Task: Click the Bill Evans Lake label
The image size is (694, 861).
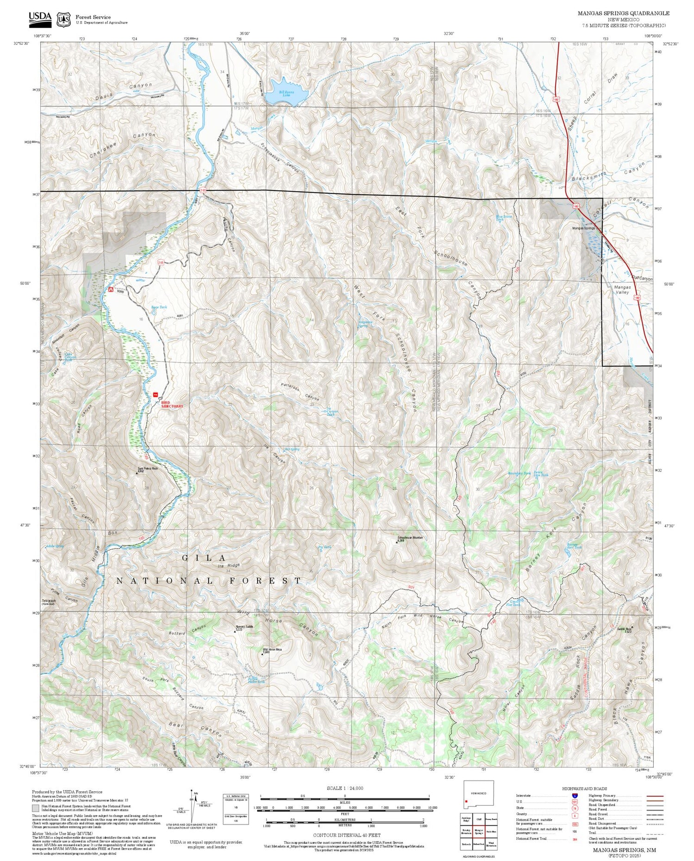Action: pos(286,92)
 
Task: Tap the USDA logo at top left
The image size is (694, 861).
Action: pos(40,18)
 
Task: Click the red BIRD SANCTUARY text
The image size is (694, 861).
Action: pos(172,404)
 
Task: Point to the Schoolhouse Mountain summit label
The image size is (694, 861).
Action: pos(410,538)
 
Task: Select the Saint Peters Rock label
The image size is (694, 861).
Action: pos(147,469)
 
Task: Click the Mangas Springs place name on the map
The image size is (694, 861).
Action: pos(583,228)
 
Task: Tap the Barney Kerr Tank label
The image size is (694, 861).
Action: pos(574,546)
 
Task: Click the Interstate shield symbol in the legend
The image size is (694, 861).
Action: pos(575,795)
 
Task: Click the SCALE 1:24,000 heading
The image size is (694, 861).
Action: pos(345,788)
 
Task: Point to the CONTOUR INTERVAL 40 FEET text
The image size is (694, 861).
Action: pos(347,835)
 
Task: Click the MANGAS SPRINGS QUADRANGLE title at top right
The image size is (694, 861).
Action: pos(623,13)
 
